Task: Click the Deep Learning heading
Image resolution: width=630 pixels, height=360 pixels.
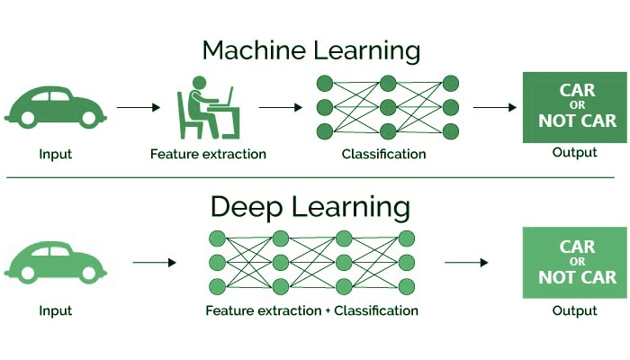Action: click(310, 206)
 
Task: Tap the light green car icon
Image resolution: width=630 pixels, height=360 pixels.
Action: click(55, 262)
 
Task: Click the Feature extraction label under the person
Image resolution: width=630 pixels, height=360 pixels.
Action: click(208, 154)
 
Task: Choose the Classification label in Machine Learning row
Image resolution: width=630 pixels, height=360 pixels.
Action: click(383, 154)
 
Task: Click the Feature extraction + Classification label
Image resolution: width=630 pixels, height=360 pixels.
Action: click(311, 310)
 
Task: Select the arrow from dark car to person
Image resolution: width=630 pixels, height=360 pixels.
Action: click(138, 107)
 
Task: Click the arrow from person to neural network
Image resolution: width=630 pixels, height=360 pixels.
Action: click(280, 107)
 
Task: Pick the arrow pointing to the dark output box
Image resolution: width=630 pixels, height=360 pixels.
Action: click(494, 107)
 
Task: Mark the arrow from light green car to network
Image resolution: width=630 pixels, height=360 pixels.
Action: click(154, 263)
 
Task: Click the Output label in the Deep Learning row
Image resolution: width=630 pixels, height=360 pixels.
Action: click(574, 310)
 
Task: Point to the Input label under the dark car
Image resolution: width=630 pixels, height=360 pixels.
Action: click(55, 154)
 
